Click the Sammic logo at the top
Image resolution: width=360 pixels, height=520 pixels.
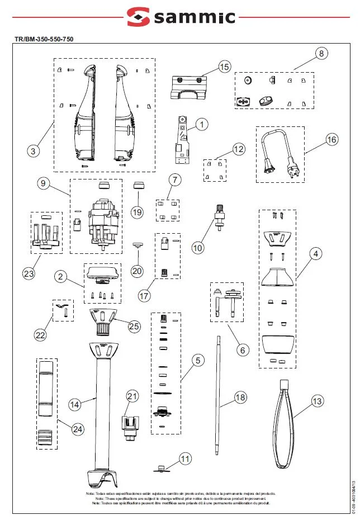(x=180, y=17)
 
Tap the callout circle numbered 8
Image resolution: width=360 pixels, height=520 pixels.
(x=321, y=54)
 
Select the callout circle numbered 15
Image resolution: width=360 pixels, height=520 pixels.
(x=224, y=67)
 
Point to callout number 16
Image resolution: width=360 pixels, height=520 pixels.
(x=331, y=140)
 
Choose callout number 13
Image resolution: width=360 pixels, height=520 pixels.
(x=317, y=401)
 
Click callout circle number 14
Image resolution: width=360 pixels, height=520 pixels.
(x=75, y=404)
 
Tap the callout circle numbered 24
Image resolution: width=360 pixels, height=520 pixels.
(x=77, y=429)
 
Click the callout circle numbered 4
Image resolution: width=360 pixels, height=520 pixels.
(x=316, y=254)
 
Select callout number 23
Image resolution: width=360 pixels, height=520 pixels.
(x=29, y=273)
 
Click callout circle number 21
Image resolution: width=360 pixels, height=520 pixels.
(x=132, y=396)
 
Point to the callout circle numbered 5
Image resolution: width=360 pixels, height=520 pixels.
(x=198, y=360)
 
